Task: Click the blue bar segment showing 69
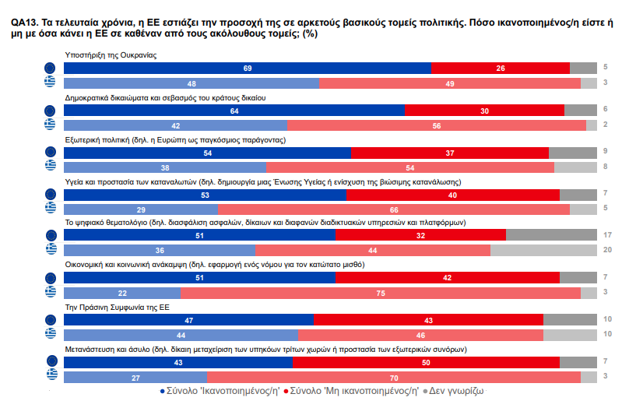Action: (x=247, y=69)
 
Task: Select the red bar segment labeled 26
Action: (x=500, y=69)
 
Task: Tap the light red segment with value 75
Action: (x=380, y=293)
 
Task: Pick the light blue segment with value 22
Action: (x=122, y=293)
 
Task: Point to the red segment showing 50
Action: (x=426, y=362)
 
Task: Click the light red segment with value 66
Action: (x=394, y=209)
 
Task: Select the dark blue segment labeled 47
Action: (x=188, y=320)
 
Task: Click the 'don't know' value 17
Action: (x=606, y=235)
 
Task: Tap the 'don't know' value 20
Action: (x=606, y=250)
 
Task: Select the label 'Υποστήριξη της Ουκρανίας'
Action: (x=111, y=56)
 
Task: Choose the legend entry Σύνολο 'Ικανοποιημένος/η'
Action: (x=220, y=391)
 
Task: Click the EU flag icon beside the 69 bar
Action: (x=51, y=69)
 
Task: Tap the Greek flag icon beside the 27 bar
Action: (x=51, y=377)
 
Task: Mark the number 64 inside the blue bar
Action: (x=234, y=111)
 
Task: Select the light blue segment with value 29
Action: (x=141, y=209)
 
